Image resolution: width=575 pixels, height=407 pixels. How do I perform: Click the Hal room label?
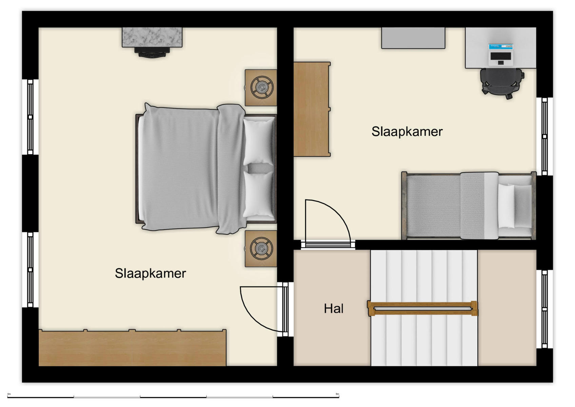pyautogui.click(x=334, y=309)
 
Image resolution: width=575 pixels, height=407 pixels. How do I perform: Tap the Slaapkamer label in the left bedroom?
pyautogui.click(x=150, y=273)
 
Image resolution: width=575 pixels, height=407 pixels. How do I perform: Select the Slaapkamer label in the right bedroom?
pyautogui.click(x=407, y=132)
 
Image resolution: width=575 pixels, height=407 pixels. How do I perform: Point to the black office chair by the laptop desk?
pyautogui.click(x=501, y=82)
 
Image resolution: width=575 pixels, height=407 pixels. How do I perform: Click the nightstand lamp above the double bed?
pyautogui.click(x=261, y=88)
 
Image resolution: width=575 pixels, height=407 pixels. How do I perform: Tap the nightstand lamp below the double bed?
pyautogui.click(x=261, y=249)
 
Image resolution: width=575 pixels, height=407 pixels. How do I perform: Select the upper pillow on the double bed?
pyautogui.click(x=259, y=141)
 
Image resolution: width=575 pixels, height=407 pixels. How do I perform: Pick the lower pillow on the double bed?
pyautogui.click(x=259, y=194)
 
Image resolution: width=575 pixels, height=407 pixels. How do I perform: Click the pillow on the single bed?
pyautogui.click(x=506, y=206)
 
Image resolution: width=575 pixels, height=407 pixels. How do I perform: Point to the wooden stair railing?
pyautogui.click(x=422, y=308)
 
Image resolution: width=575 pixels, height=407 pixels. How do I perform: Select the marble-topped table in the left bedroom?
pyautogui.click(x=152, y=37)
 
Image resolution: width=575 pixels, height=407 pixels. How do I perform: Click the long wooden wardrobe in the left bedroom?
pyautogui.click(x=132, y=348)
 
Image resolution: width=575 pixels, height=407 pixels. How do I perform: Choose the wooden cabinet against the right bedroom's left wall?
pyautogui.click(x=312, y=109)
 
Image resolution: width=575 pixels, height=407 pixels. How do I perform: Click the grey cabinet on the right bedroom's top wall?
pyautogui.click(x=413, y=38)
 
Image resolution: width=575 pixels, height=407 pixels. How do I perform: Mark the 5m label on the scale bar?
pyautogui.click(x=337, y=394)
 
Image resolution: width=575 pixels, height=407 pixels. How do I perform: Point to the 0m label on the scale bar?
pyautogui.click(x=9, y=394)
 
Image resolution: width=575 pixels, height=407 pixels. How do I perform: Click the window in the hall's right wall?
pyautogui.click(x=544, y=309)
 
